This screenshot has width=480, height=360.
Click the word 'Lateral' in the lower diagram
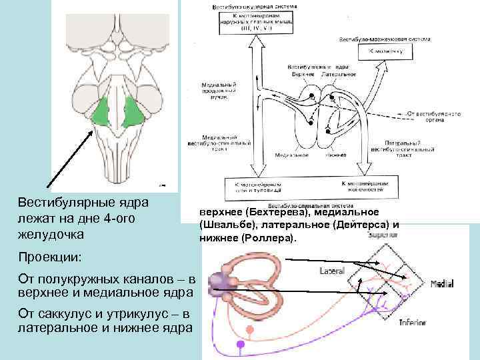tap(331, 271)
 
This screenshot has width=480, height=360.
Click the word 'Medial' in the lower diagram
tap(442, 284)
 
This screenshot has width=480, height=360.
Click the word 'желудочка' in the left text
tap(51, 234)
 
